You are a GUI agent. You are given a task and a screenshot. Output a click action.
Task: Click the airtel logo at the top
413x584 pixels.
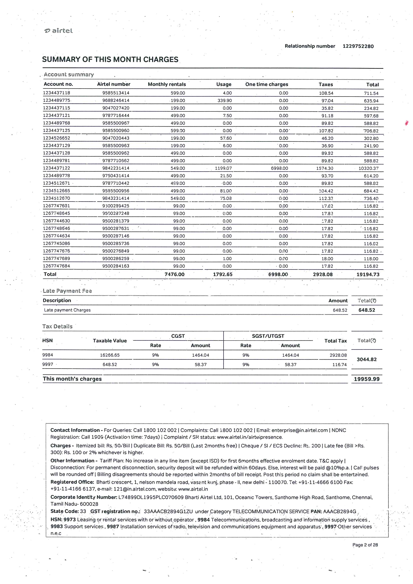58,31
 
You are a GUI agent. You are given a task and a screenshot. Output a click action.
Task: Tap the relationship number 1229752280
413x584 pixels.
358,46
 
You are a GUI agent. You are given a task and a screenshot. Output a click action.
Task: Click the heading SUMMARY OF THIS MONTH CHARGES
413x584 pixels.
110,59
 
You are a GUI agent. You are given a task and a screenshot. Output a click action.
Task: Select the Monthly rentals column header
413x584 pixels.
167,84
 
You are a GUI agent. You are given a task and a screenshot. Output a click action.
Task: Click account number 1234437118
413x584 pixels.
56,93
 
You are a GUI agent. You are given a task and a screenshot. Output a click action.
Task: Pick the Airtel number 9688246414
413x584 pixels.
116,100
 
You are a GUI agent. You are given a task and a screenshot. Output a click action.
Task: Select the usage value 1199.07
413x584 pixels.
223,168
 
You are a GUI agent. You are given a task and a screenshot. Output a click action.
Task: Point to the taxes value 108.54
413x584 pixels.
326,93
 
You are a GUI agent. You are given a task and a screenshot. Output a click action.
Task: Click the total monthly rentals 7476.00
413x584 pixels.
175,274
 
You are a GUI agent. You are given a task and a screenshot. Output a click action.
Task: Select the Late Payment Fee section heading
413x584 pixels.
67,291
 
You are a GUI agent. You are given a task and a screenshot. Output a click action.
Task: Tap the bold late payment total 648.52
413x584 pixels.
367,310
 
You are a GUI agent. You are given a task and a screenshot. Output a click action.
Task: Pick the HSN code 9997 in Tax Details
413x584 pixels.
48,364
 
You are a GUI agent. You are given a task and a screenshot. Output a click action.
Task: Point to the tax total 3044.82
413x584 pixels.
367,359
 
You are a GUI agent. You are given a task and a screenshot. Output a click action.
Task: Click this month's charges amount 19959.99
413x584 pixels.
367,379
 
